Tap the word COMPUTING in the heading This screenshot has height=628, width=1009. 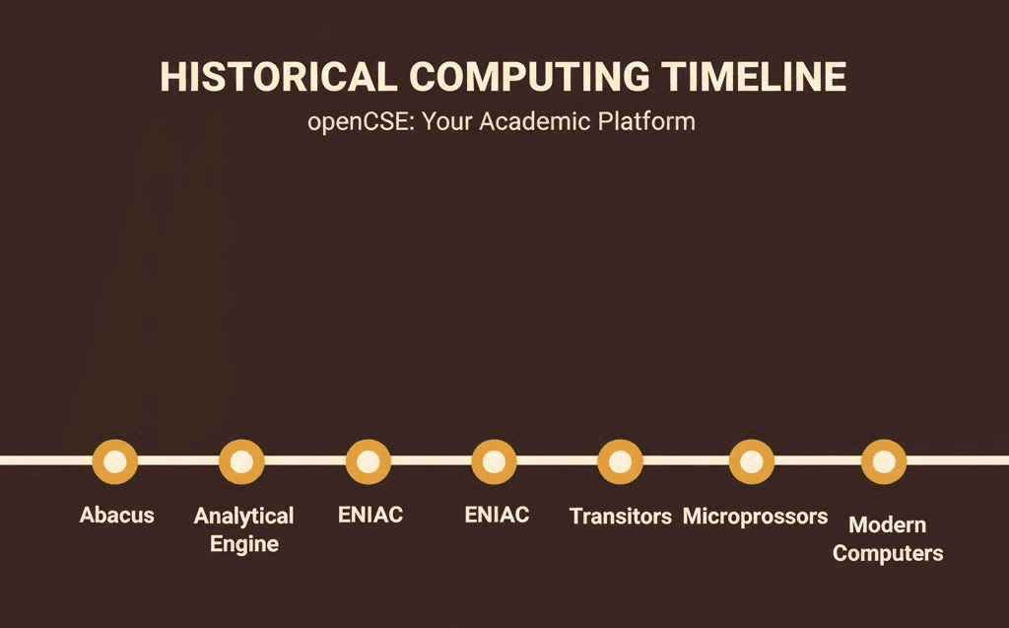(x=529, y=78)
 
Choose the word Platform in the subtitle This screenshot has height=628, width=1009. (x=648, y=123)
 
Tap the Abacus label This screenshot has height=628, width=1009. (x=116, y=515)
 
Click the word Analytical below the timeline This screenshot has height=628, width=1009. (x=243, y=516)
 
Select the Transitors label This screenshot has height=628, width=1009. (x=620, y=516)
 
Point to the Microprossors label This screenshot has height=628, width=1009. (x=755, y=516)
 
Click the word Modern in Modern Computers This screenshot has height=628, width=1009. (x=887, y=524)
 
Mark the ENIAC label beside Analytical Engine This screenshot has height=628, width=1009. (x=370, y=515)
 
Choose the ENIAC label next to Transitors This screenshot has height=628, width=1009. (x=496, y=515)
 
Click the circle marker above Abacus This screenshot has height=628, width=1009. (x=115, y=461)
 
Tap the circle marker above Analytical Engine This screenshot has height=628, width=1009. (x=241, y=461)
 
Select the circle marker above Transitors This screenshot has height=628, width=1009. (x=620, y=461)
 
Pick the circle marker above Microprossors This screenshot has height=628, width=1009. (x=751, y=461)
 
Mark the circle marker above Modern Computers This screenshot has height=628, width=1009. (x=884, y=461)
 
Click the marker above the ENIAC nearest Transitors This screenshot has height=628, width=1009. (x=494, y=461)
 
